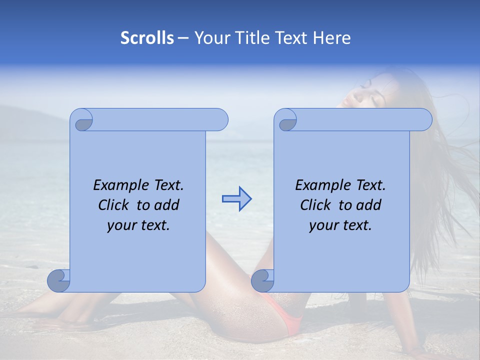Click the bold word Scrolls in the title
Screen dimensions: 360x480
[x=147, y=38]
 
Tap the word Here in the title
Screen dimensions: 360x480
[x=332, y=38]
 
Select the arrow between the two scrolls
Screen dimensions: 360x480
[x=236, y=199]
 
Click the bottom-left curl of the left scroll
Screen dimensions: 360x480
[x=58, y=280]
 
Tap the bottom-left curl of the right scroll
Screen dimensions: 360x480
[x=262, y=280]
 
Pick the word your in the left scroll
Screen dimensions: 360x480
[x=121, y=225]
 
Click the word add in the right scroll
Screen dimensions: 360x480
[x=369, y=205]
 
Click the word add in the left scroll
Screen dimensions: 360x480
[x=167, y=205]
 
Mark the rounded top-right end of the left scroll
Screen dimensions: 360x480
[x=219, y=119]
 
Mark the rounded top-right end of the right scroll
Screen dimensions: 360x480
[x=423, y=119]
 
